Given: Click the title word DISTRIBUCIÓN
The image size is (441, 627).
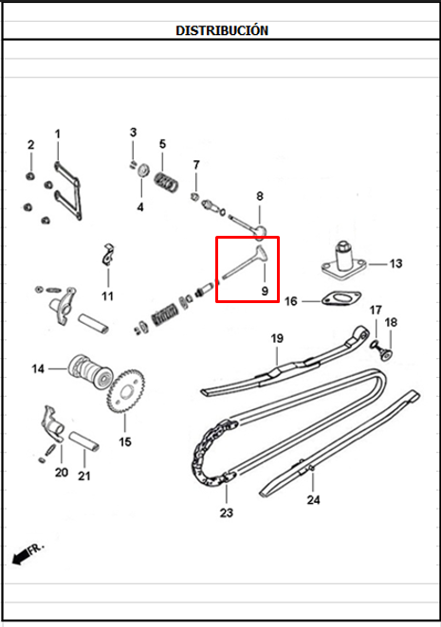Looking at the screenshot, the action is point(222,30).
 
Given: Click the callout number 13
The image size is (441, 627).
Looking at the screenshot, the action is point(395,264).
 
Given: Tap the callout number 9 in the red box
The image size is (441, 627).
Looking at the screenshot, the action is point(265,291).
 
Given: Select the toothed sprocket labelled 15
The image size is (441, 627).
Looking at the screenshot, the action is point(126,388).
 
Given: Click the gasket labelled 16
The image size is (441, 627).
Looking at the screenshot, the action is point(341,298).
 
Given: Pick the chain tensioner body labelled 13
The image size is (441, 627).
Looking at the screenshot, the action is point(344,260).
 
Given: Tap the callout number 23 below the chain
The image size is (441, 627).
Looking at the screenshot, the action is point(227,512).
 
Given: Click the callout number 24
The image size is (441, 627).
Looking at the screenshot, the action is point(313,500).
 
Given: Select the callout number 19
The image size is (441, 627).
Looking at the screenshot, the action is point(277,338).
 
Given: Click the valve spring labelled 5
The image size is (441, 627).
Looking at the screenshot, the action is point(166,182).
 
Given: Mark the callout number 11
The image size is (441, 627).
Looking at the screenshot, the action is point(107,296).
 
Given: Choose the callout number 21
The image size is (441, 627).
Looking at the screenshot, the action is point(84,475).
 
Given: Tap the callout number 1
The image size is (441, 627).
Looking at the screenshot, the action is point(58,134).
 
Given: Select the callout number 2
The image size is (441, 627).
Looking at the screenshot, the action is point(31,145).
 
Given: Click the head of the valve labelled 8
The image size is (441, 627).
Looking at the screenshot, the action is point(261,232).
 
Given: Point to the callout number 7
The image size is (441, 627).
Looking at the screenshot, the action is point(196,165).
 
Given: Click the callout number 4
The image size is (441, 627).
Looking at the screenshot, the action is point(140,207).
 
